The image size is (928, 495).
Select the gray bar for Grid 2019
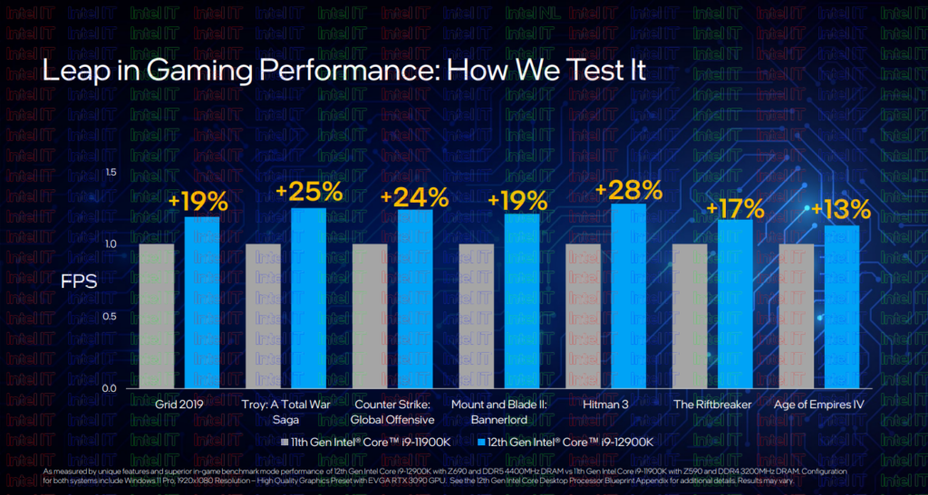tap(156, 316)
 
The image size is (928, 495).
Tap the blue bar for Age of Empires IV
tap(842, 307)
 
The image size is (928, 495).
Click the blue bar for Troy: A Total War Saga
tap(308, 298)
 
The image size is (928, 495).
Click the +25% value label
tap(309, 192)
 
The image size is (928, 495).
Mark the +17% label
tap(735, 208)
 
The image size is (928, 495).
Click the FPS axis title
tap(78, 281)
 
